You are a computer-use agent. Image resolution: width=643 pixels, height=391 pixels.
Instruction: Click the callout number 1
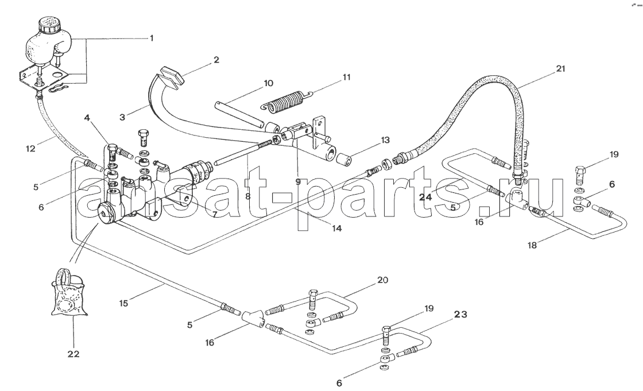point(152,38)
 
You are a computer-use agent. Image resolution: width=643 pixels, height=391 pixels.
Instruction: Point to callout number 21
point(560,68)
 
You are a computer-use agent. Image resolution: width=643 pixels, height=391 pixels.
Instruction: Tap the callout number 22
point(74,354)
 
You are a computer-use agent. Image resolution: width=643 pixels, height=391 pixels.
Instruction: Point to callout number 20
point(382,280)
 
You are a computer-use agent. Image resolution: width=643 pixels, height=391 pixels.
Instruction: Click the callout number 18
point(532,245)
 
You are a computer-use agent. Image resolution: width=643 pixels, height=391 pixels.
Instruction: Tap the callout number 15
point(123,303)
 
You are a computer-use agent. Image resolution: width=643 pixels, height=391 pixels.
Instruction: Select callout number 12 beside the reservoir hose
point(31,149)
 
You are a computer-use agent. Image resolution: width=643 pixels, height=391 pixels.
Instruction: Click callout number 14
point(336,228)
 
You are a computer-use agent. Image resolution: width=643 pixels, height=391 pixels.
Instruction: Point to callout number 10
point(268,83)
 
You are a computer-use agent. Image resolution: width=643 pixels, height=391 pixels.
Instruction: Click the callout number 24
point(425,198)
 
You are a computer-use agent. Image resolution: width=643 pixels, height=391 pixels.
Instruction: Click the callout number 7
point(215,214)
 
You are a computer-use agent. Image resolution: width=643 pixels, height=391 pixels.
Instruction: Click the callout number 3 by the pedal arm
point(122,117)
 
